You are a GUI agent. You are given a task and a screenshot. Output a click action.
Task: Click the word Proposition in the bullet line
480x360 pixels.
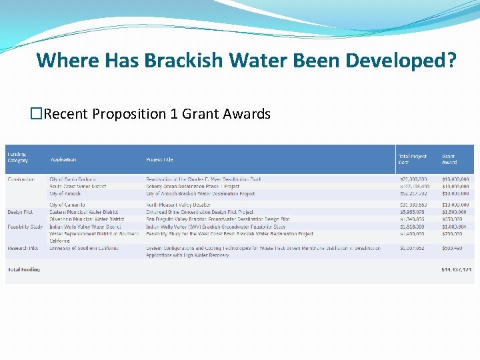pyautogui.click(x=129, y=114)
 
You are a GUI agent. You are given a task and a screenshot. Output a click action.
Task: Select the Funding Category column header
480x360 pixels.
pyautogui.click(x=18, y=157)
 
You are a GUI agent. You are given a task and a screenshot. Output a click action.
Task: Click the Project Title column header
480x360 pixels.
pyautogui.click(x=159, y=159)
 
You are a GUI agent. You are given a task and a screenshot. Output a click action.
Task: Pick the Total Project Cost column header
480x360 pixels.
pyautogui.click(x=412, y=159)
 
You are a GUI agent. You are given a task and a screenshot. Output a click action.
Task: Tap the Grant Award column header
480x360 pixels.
pyautogui.click(x=450, y=159)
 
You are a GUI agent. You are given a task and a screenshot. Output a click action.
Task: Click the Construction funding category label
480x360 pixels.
pyautogui.click(x=21, y=179)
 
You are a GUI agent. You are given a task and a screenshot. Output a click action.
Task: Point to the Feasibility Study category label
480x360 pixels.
pyautogui.click(x=25, y=227)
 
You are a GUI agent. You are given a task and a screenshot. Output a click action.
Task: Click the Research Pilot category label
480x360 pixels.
pyautogui.click(x=23, y=248)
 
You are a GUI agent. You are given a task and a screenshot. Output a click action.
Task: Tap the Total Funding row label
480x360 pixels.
pyautogui.click(x=23, y=269)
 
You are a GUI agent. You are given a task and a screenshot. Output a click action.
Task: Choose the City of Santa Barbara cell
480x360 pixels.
pyautogui.click(x=73, y=179)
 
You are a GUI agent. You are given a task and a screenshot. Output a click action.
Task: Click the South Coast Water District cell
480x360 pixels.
pyautogui.click(x=78, y=187)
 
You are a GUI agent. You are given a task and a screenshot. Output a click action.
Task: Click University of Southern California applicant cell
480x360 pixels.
pyautogui.click(x=84, y=248)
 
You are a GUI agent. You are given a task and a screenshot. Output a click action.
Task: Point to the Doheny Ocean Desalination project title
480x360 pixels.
pyautogui.click(x=193, y=187)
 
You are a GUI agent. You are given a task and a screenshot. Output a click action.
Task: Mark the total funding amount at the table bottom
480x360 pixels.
pyautogui.click(x=456, y=269)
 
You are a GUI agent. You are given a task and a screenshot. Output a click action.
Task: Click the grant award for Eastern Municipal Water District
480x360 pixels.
pyautogui.click(x=455, y=212)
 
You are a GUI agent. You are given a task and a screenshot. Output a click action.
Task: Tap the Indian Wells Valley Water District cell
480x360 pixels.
pyautogui.click(x=85, y=227)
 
